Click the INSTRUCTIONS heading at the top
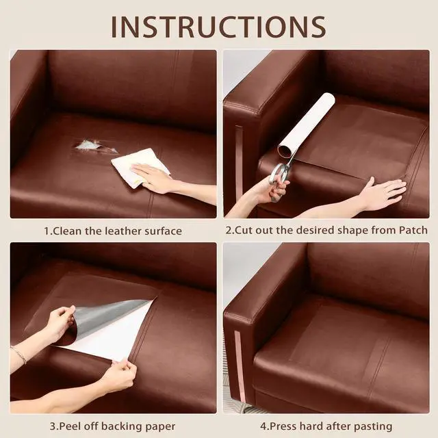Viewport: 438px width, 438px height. coord(219,27)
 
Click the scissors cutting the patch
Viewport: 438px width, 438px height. coord(280,179)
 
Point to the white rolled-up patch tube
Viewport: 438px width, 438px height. coord(305,124)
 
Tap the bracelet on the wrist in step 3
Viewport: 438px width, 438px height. coord(19,355)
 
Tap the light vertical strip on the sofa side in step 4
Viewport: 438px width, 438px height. coord(240,366)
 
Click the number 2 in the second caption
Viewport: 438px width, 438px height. coord(229,230)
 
